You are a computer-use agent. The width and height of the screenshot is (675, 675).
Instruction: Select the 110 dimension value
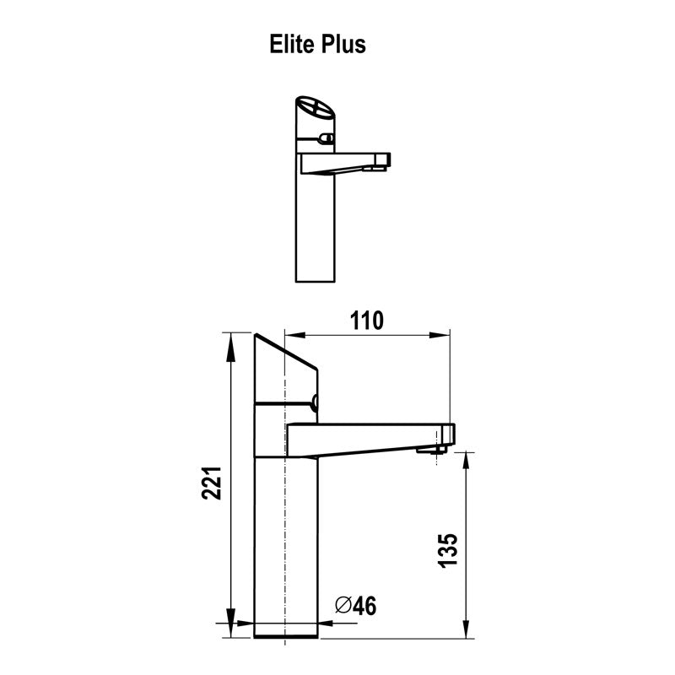366,321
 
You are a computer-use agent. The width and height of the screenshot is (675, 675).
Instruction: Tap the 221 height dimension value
211,483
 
